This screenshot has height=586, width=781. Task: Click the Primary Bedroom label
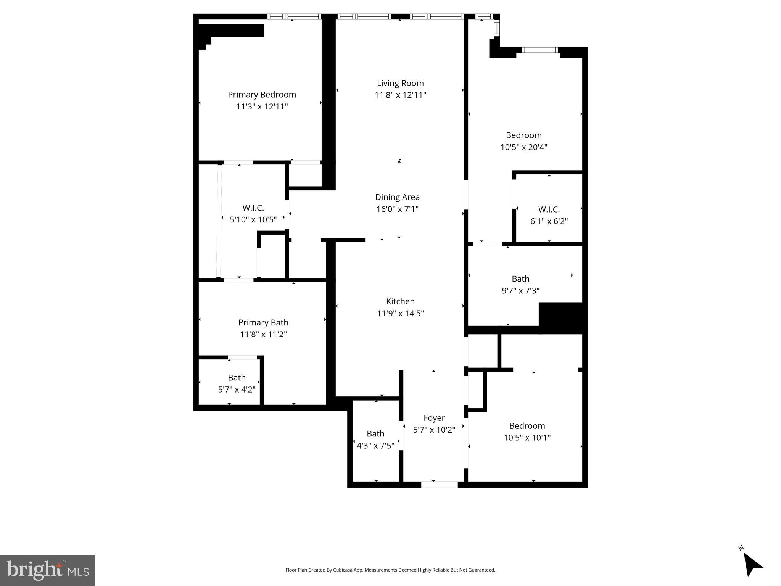pyautogui.click(x=262, y=95)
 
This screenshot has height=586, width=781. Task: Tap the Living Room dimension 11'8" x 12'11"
pyautogui.click(x=400, y=95)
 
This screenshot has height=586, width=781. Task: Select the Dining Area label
pyautogui.click(x=397, y=197)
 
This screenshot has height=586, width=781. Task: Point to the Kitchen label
pyautogui.click(x=400, y=301)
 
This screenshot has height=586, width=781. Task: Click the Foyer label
pyautogui.click(x=434, y=418)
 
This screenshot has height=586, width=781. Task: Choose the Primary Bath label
pyautogui.click(x=263, y=322)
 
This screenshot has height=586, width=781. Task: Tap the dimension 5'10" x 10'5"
pyautogui.click(x=253, y=220)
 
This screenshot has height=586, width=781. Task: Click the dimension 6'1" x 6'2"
pyautogui.click(x=549, y=221)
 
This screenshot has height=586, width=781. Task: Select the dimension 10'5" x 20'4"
pyautogui.click(x=523, y=147)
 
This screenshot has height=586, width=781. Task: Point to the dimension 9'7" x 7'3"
pyautogui.click(x=520, y=291)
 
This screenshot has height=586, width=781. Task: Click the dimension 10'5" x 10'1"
pyautogui.click(x=527, y=438)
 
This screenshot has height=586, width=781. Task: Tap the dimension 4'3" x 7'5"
pyautogui.click(x=375, y=446)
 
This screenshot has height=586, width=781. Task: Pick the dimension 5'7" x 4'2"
pyautogui.click(x=237, y=390)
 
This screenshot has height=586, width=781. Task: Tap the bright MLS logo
pyautogui.click(x=48, y=570)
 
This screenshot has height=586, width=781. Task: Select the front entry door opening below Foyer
pyautogui.click(x=439, y=485)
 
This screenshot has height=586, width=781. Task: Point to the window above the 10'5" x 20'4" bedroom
pyautogui.click(x=539, y=50)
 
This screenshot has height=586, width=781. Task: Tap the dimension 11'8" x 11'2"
pyautogui.click(x=263, y=335)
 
